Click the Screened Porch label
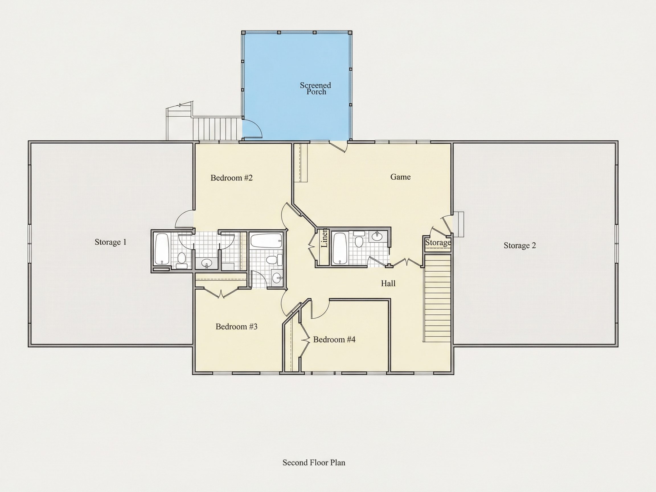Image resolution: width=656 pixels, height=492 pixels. (x=315, y=88)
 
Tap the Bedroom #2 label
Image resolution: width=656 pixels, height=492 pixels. (x=231, y=178)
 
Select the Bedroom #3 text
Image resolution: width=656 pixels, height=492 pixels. (x=236, y=327)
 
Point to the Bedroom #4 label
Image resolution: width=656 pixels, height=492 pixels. (x=334, y=340)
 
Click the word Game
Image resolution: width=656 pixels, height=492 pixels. (x=400, y=177)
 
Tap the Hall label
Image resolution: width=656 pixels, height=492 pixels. (x=388, y=284)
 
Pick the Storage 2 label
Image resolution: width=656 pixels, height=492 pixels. (x=520, y=245)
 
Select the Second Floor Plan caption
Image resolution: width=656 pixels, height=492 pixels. (x=314, y=463)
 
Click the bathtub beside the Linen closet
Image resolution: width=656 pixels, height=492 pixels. (x=339, y=249)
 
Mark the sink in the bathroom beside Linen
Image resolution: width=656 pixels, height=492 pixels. (x=377, y=236)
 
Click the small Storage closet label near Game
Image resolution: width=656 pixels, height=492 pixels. (x=438, y=243)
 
